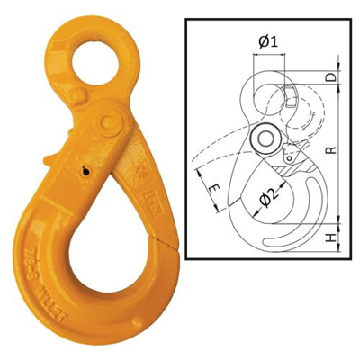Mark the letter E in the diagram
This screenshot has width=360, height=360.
click(212, 191)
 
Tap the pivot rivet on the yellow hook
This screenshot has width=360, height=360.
click(111, 121)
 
